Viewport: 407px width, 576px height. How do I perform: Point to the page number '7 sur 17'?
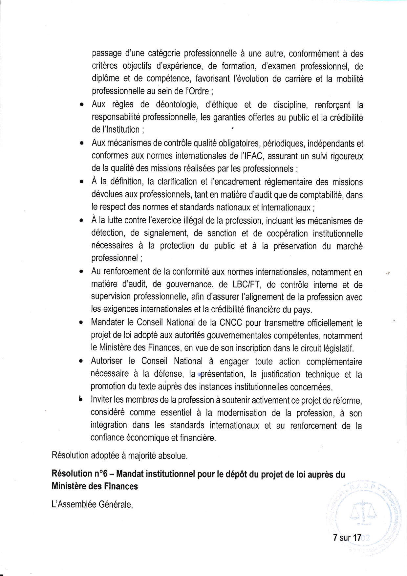347,538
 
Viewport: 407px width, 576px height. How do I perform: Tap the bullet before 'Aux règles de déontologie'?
81,105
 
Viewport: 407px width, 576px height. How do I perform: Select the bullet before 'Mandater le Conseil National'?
80,323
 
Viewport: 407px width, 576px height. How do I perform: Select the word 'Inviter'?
102,400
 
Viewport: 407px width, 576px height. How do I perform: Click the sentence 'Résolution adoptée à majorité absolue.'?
119,456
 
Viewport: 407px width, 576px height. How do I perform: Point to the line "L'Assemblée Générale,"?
92,504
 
